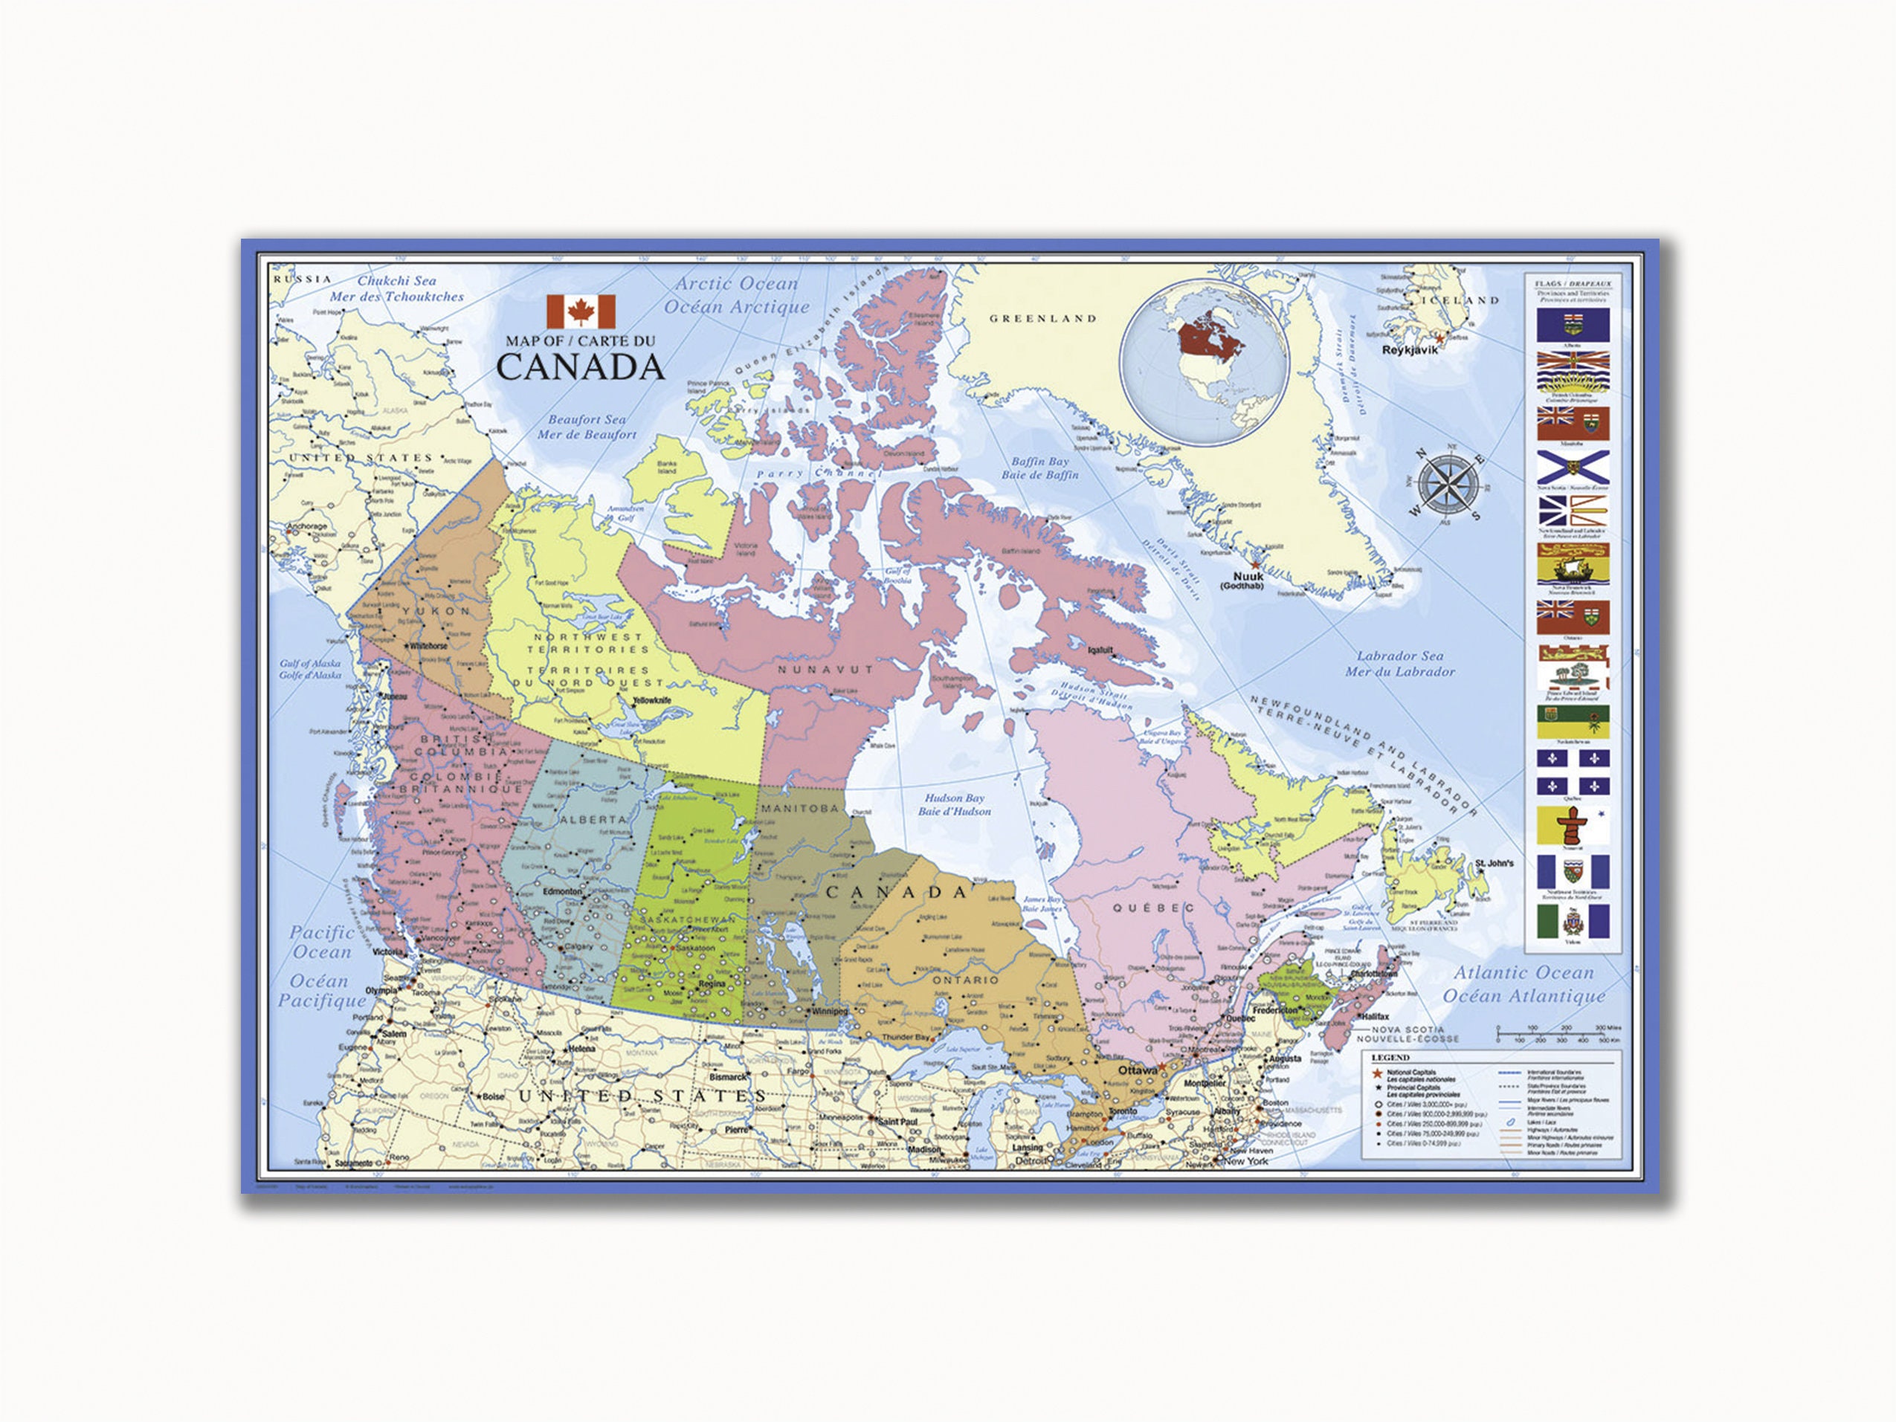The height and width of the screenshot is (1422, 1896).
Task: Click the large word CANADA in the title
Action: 580,368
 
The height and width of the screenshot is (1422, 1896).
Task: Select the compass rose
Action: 1448,485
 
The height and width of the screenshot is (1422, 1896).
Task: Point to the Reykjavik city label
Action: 1409,349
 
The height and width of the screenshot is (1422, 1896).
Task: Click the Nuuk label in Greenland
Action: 1247,577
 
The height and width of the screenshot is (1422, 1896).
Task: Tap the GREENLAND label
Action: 1042,319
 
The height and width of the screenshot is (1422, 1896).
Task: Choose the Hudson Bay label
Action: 954,798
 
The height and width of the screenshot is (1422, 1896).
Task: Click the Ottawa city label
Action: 1137,1070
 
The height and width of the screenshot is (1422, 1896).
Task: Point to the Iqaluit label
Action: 1100,650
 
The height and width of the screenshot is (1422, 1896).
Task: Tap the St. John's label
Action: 1494,863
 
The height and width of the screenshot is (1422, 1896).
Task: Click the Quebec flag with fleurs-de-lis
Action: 1572,772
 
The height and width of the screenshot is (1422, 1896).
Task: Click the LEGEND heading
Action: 1390,1058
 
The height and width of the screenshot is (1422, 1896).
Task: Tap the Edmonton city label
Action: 562,892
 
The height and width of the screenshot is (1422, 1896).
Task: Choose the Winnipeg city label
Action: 829,1012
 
